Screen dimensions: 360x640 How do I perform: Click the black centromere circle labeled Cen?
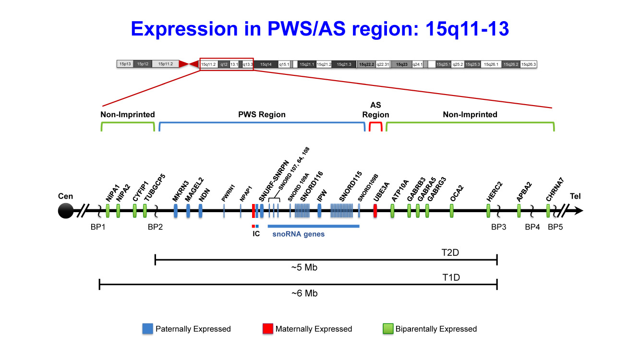(x=65, y=210)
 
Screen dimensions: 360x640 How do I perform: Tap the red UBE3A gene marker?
(x=375, y=210)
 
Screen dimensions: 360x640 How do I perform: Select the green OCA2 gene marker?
(x=452, y=210)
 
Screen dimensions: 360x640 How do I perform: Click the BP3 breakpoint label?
(x=498, y=227)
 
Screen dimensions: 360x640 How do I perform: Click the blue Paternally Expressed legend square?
(x=148, y=329)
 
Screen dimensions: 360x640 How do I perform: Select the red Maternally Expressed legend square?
(x=268, y=329)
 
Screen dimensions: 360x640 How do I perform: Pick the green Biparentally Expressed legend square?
(x=388, y=329)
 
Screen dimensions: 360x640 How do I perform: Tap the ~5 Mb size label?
(x=304, y=268)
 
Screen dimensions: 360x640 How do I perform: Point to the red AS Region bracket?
(x=375, y=126)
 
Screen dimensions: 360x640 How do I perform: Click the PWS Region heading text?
(x=262, y=115)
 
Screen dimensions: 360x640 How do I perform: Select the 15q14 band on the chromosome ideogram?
(x=266, y=64)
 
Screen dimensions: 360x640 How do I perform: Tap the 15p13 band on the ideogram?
(x=125, y=64)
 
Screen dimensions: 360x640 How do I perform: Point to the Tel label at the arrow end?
(x=574, y=196)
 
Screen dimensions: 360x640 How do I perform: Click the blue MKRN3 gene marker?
(x=176, y=210)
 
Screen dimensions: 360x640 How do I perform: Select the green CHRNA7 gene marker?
(x=548, y=210)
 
